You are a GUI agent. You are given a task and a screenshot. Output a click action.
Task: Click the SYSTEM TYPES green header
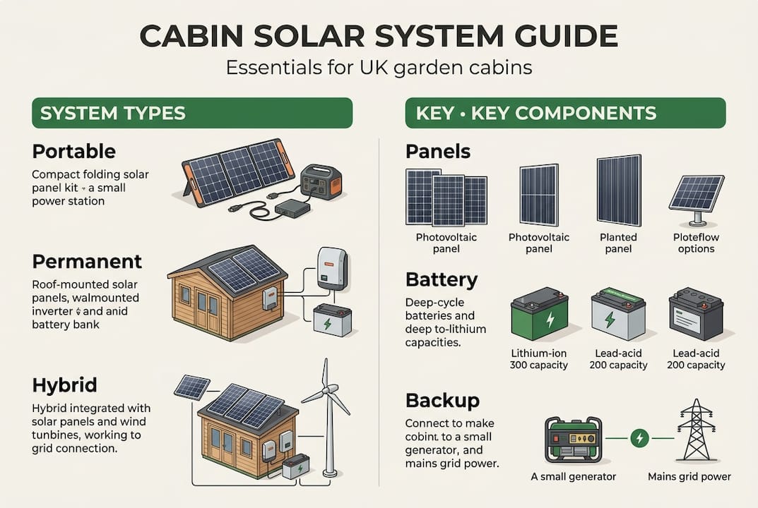click(191, 113)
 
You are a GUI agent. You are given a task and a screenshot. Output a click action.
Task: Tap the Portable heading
click(73, 152)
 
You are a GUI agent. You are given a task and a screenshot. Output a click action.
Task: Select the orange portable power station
click(321, 181)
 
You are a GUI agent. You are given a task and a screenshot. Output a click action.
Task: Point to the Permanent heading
click(87, 261)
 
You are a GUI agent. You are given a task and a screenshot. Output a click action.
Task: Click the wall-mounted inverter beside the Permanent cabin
click(331, 267)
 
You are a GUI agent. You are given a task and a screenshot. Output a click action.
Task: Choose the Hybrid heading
click(64, 385)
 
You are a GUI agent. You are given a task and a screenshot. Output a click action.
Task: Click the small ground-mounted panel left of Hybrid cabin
click(192, 387)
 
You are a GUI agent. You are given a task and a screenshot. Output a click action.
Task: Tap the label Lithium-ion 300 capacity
click(538, 358)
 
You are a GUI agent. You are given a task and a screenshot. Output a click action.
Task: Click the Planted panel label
click(618, 243)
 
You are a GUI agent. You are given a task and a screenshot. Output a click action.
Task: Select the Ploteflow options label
click(697, 243)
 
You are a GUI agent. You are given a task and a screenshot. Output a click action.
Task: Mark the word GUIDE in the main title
click(559, 36)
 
